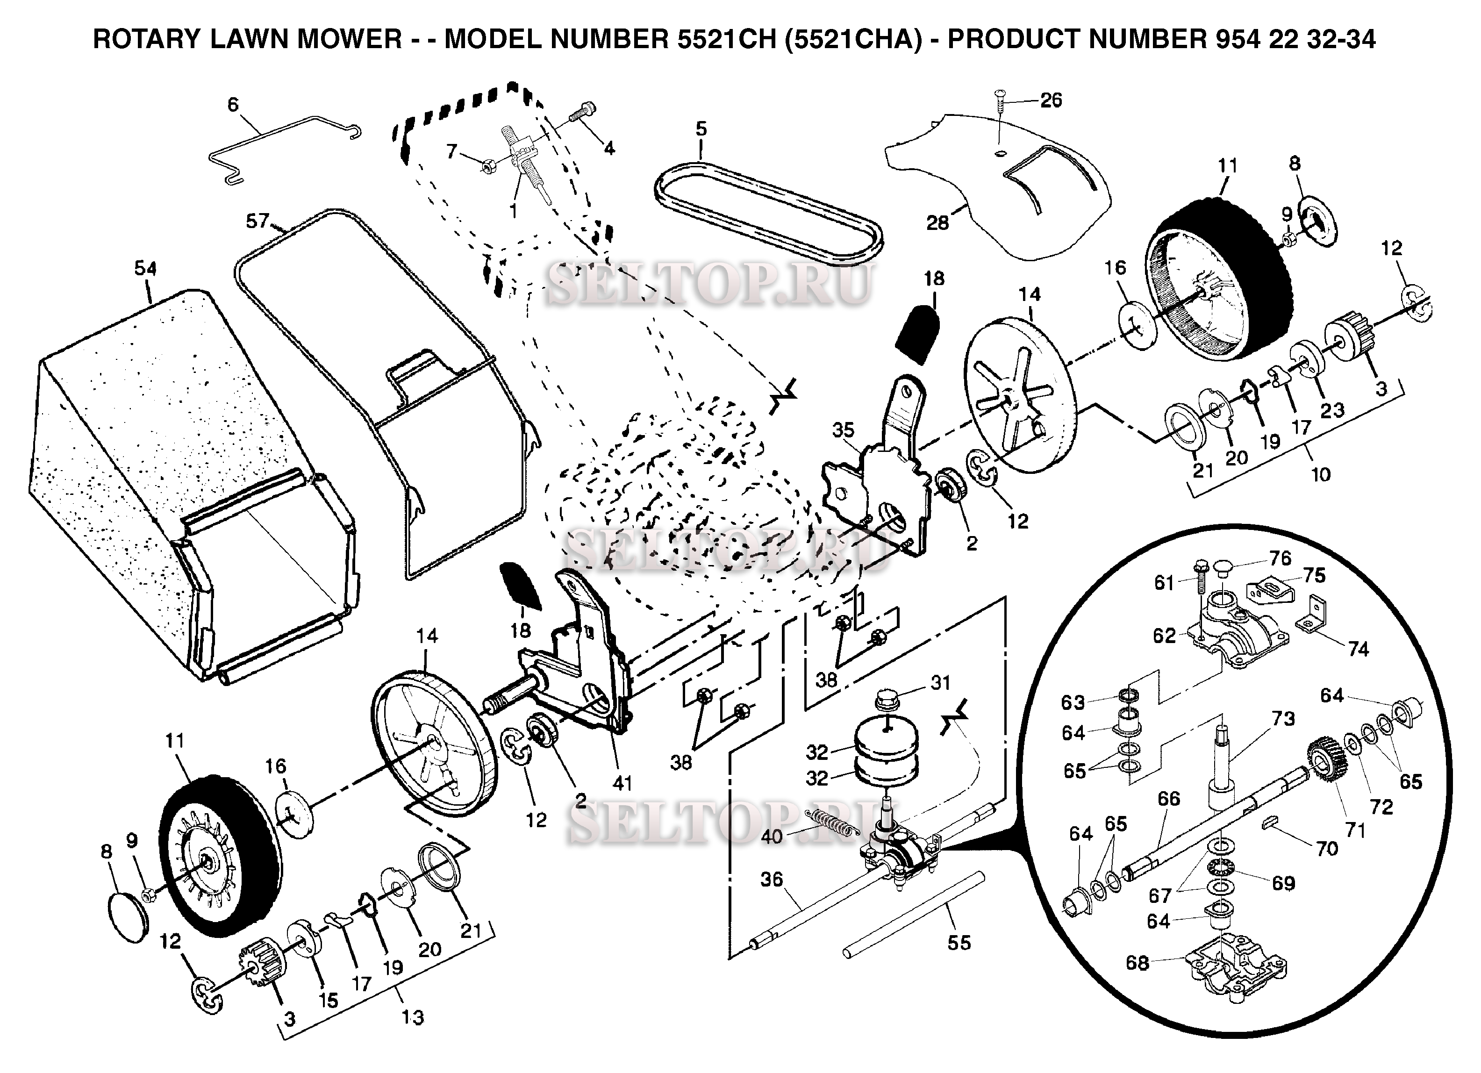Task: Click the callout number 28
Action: coord(937,223)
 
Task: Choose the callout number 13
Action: coord(413,1017)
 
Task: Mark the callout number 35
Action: coord(843,430)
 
